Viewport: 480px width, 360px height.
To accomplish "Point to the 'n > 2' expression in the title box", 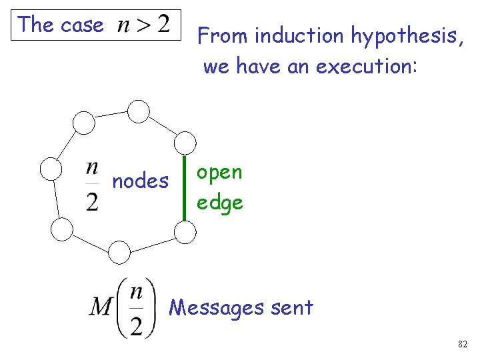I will pyautogui.click(x=143, y=25).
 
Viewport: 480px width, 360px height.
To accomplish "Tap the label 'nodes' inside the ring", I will pyautogui.click(x=140, y=181).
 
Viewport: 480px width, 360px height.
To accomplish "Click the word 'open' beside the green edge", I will pyautogui.click(x=219, y=173).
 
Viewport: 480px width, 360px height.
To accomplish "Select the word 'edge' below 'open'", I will pyautogui.click(x=219, y=201).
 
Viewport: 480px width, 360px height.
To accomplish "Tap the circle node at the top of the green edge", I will pyautogui.click(x=185, y=143).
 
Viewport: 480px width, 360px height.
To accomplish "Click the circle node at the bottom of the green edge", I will pyautogui.click(x=185, y=231).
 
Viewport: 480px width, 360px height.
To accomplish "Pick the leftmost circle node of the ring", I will pyautogui.click(x=51, y=169).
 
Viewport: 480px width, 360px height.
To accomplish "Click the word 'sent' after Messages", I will pyautogui.click(x=294, y=307).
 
